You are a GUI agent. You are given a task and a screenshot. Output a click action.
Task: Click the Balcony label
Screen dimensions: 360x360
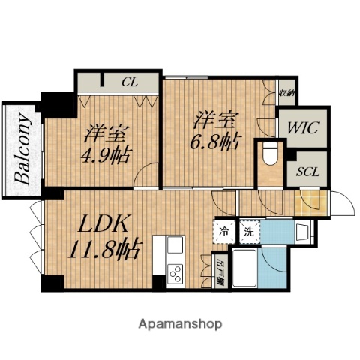coord(23,149)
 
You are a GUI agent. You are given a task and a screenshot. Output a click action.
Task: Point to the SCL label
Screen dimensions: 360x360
coord(307,172)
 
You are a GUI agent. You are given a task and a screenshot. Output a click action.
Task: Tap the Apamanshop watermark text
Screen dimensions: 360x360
coord(180,324)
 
